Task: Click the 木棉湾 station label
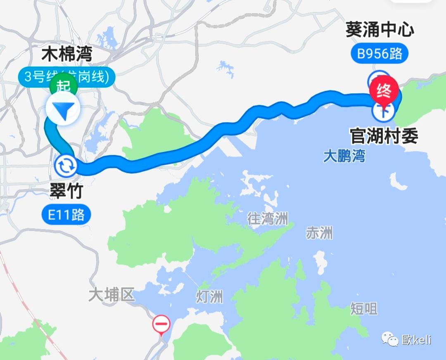(67, 54)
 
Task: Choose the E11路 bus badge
(66, 215)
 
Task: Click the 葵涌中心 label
(380, 31)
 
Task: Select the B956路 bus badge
(380, 54)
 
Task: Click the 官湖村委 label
(384, 135)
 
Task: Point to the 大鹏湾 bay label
(344, 157)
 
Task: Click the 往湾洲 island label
(268, 218)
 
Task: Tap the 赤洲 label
(319, 233)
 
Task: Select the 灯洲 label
(209, 296)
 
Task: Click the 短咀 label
(364, 308)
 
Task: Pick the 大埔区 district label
(111, 295)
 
